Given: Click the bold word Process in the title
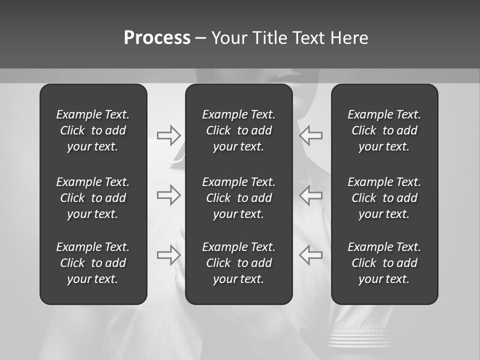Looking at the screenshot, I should pyautogui.click(x=157, y=38).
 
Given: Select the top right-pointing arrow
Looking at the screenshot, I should pyautogui.click(x=168, y=135).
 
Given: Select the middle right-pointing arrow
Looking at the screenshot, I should pyautogui.click(x=168, y=195).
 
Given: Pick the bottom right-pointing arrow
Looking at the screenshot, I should pyautogui.click(x=168, y=255).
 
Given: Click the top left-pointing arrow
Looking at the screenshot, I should pyautogui.click(x=311, y=135).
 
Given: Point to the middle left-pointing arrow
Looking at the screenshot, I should pyautogui.click(x=311, y=195).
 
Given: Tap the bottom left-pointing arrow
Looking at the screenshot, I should pyautogui.click(x=311, y=255).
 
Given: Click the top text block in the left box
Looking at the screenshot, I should pyautogui.click(x=93, y=130).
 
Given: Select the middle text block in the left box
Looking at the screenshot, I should pyautogui.click(x=93, y=198).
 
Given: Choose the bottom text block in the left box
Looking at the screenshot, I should pyautogui.click(x=93, y=263).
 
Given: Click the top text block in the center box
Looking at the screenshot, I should pyautogui.click(x=238, y=130).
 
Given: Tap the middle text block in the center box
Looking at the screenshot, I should pyautogui.click(x=238, y=198).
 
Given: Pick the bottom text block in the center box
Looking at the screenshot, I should pyautogui.click(x=238, y=263).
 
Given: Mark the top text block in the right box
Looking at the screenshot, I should pyautogui.click(x=384, y=130).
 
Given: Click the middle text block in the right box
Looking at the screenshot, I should pyautogui.click(x=384, y=198).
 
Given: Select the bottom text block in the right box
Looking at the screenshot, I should pyautogui.click(x=384, y=263).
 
